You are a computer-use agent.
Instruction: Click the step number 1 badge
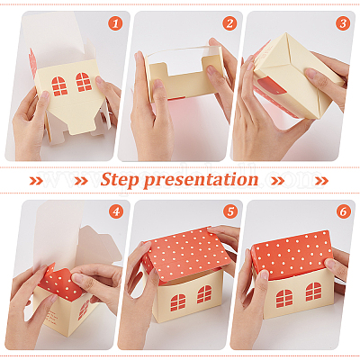click(115, 23)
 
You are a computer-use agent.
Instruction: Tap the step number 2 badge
click(229, 23)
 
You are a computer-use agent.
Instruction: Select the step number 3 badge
click(343, 23)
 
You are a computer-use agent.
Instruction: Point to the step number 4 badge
click(116, 212)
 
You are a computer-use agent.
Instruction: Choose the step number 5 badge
click(230, 212)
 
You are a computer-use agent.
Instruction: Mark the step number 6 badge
click(343, 212)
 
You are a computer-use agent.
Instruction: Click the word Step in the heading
click(120, 180)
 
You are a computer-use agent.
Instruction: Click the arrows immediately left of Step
click(81, 181)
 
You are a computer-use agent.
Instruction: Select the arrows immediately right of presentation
click(278, 181)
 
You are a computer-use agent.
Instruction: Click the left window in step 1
click(59, 86)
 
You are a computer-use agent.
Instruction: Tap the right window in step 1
click(84, 82)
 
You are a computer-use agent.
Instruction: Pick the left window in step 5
click(178, 302)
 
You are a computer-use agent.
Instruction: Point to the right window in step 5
click(204, 294)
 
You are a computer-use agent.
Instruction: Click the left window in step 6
click(284, 299)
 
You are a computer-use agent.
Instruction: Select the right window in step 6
click(313, 292)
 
